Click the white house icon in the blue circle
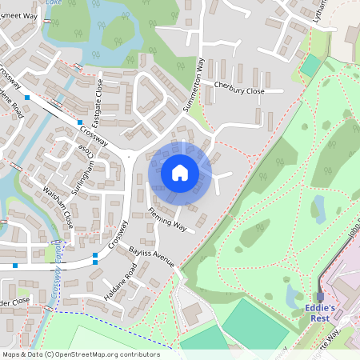180,172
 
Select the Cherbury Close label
238,90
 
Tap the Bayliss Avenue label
151,256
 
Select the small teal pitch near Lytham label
310,66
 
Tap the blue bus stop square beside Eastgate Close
80,122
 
